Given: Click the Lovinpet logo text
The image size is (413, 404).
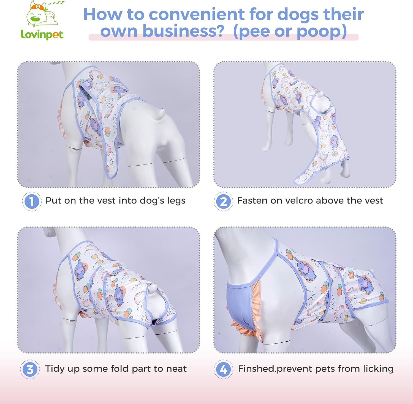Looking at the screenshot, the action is pyautogui.click(x=42, y=35).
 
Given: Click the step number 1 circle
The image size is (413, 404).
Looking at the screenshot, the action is pyautogui.click(x=32, y=201).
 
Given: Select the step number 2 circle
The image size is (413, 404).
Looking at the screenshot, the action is pyautogui.click(x=223, y=201).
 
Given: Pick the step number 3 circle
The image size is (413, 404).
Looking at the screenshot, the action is pyautogui.click(x=30, y=369).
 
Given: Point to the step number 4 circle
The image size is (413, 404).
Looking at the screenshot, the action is pyautogui.click(x=223, y=369).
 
